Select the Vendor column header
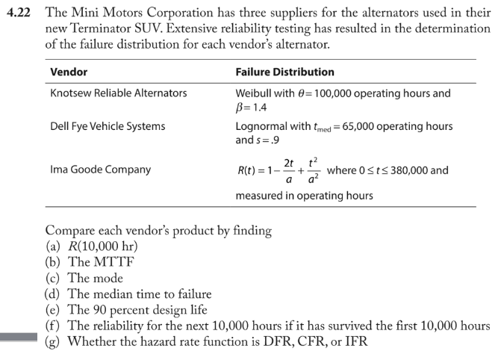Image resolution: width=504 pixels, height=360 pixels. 68,72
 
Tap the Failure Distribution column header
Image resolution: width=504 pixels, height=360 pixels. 284,72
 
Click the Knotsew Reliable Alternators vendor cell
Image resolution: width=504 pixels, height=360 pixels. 118,93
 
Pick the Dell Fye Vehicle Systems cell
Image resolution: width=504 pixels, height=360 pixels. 108,126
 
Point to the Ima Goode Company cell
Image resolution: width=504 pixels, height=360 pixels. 100,170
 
